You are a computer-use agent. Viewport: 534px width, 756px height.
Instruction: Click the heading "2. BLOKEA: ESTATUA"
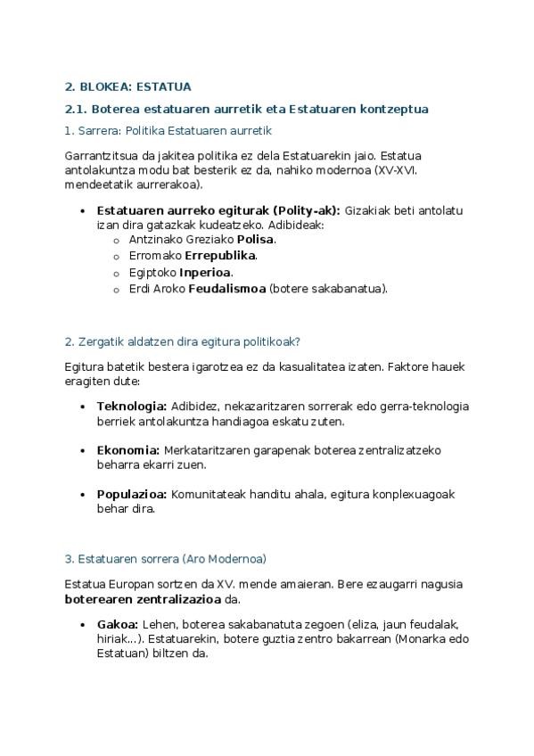127,86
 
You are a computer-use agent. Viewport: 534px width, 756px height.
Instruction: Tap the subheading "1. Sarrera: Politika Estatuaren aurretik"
168,131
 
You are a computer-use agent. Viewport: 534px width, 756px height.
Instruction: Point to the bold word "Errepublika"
220,255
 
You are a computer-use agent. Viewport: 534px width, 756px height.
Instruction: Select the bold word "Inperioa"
205,272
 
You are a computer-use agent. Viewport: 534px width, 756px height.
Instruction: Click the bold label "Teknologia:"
131,406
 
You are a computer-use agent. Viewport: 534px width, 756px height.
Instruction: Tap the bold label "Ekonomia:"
127,449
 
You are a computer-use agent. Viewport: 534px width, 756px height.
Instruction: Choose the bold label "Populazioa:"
132,493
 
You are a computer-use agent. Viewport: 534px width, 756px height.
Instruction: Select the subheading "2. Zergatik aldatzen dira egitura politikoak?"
187,341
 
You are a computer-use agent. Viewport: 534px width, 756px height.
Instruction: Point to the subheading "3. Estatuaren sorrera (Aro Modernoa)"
165,559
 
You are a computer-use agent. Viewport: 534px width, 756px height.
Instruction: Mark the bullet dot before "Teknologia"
83,407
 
